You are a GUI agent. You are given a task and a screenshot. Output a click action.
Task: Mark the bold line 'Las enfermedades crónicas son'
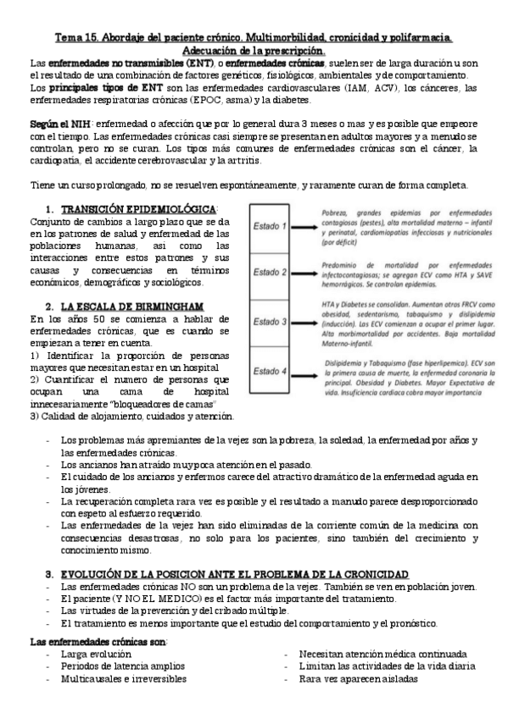point(98,639)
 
